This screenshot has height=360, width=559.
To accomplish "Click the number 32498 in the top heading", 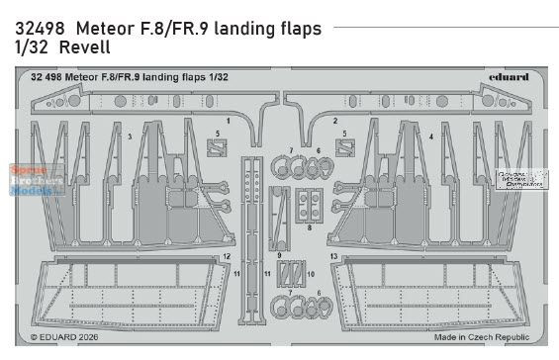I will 35,29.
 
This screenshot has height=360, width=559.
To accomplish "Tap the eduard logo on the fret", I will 509,76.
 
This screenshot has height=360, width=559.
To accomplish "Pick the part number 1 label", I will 228,120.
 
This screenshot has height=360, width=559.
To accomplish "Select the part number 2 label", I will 334,120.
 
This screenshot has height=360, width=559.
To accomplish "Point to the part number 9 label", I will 279,256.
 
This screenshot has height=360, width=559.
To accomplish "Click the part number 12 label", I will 226,256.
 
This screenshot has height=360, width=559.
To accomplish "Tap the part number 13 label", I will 334,256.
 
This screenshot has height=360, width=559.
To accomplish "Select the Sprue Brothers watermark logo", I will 35,183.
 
